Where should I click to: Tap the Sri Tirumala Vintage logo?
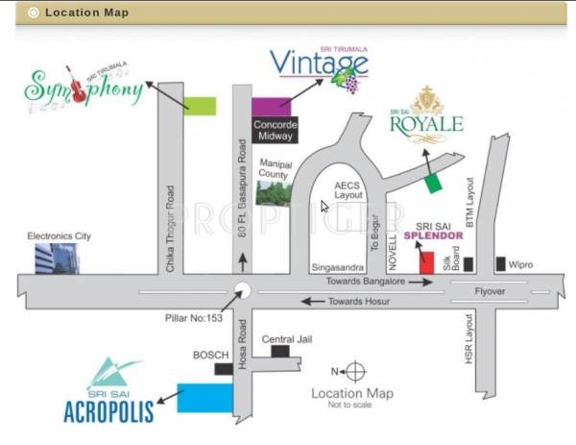pyautogui.click(x=319, y=65)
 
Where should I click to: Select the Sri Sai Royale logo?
pyautogui.click(x=426, y=113)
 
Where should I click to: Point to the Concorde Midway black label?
pyautogui.click(x=275, y=130)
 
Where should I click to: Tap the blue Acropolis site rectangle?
pyautogui.click(x=204, y=397)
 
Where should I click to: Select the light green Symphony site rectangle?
pyautogui.click(x=199, y=106)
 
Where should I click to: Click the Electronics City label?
pyautogui.click(x=59, y=235)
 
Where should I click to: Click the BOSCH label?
pyautogui.click(x=210, y=355)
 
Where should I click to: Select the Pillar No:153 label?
pyautogui.click(x=193, y=317)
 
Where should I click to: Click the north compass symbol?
pyautogui.click(x=353, y=371)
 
